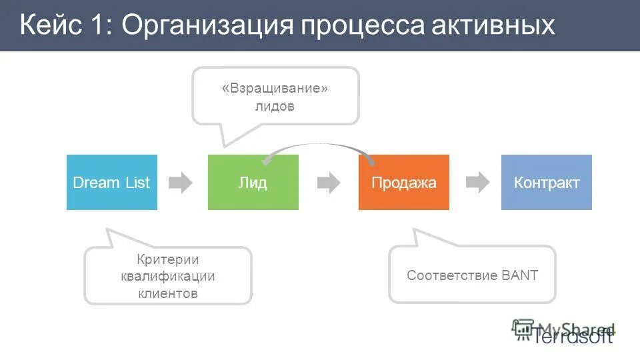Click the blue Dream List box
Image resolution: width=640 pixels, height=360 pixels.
click(111, 183)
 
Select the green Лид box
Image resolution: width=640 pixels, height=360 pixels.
click(253, 183)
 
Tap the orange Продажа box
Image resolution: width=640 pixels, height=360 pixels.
click(403, 183)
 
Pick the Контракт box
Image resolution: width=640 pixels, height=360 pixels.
click(546, 183)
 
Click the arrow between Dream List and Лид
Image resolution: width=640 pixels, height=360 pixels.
click(180, 183)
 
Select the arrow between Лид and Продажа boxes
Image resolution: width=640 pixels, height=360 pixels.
click(328, 183)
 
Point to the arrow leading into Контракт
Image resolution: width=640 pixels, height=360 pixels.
click(477, 183)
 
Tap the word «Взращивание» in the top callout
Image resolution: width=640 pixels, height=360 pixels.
click(275, 89)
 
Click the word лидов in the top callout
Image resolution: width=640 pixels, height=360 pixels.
click(275, 107)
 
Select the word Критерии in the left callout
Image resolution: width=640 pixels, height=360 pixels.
click(168, 259)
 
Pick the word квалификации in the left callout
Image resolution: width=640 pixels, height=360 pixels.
click(168, 276)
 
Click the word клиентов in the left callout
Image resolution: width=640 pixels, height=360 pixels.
click(168, 293)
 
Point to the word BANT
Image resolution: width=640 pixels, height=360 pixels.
click(520, 275)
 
